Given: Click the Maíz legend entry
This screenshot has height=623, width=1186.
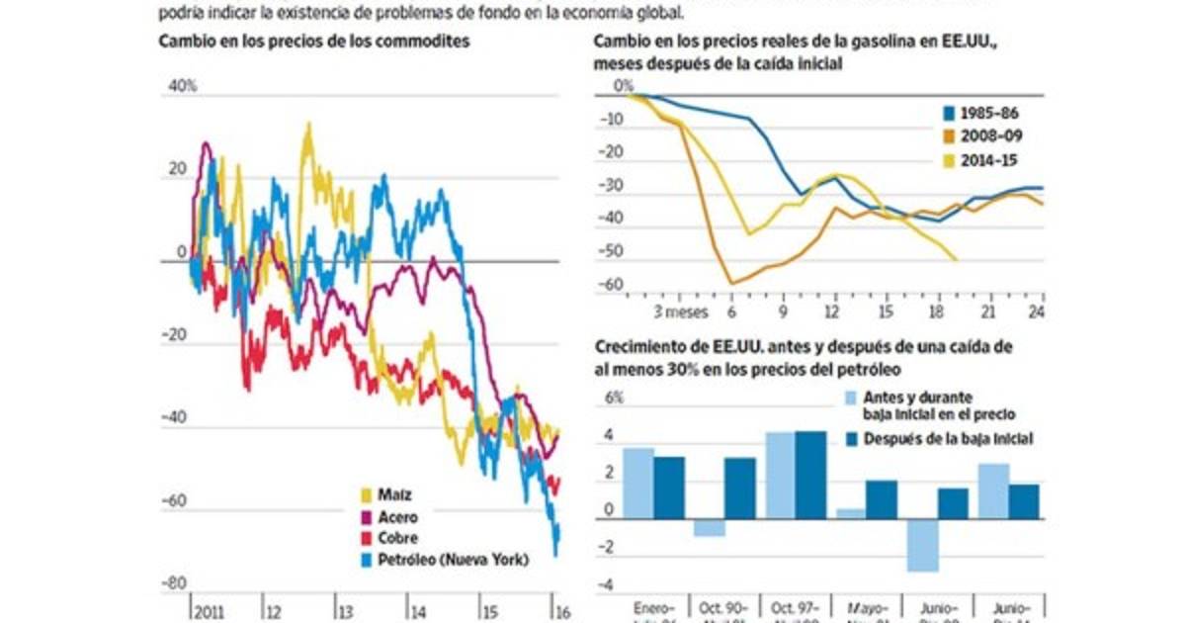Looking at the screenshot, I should (386, 494).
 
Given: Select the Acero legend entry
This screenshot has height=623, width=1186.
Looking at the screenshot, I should (390, 516).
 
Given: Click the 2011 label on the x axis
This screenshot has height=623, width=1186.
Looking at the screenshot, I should (210, 610).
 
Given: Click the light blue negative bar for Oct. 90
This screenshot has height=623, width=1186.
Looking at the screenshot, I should (709, 528).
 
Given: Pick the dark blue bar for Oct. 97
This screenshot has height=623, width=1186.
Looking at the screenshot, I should (810, 476).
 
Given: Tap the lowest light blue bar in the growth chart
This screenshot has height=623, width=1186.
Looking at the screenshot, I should (922, 546).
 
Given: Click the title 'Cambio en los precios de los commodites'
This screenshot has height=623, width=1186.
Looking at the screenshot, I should (306, 41).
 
